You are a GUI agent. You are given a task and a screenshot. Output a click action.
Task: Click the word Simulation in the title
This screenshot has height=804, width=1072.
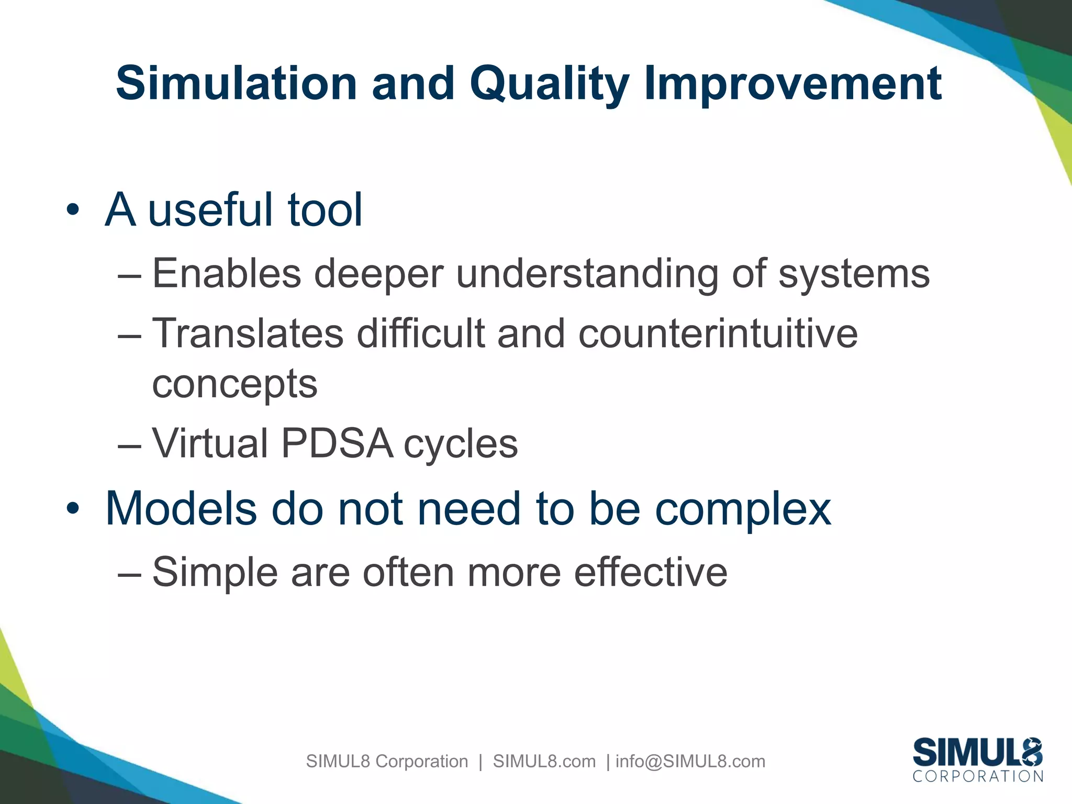pos(236,84)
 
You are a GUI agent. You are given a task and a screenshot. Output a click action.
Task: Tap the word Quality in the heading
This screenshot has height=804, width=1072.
pos(549,84)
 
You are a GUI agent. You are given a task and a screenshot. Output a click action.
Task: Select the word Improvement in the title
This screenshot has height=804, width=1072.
pos(792,84)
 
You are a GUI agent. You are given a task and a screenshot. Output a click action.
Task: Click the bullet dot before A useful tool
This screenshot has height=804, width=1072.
pos(73,210)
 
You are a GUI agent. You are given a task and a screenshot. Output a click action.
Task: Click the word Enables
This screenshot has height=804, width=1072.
pos(227,273)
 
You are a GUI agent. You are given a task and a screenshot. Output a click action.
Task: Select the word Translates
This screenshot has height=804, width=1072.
pos(248,333)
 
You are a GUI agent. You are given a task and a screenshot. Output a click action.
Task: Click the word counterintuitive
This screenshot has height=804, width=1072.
pos(718,333)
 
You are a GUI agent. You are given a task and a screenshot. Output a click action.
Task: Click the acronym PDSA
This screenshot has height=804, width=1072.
pos(337,443)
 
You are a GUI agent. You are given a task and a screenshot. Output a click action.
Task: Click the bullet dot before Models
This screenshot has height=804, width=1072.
pos(73,508)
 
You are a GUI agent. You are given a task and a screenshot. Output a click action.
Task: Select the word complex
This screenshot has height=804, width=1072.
pos(743,509)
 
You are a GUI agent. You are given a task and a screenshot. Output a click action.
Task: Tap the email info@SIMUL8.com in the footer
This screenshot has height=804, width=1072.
pos(690,761)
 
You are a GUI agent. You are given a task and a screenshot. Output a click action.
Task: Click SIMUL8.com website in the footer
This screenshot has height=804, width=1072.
pos(544,761)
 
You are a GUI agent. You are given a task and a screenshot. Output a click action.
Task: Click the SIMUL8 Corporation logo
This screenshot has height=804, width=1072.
pos(977,760)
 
